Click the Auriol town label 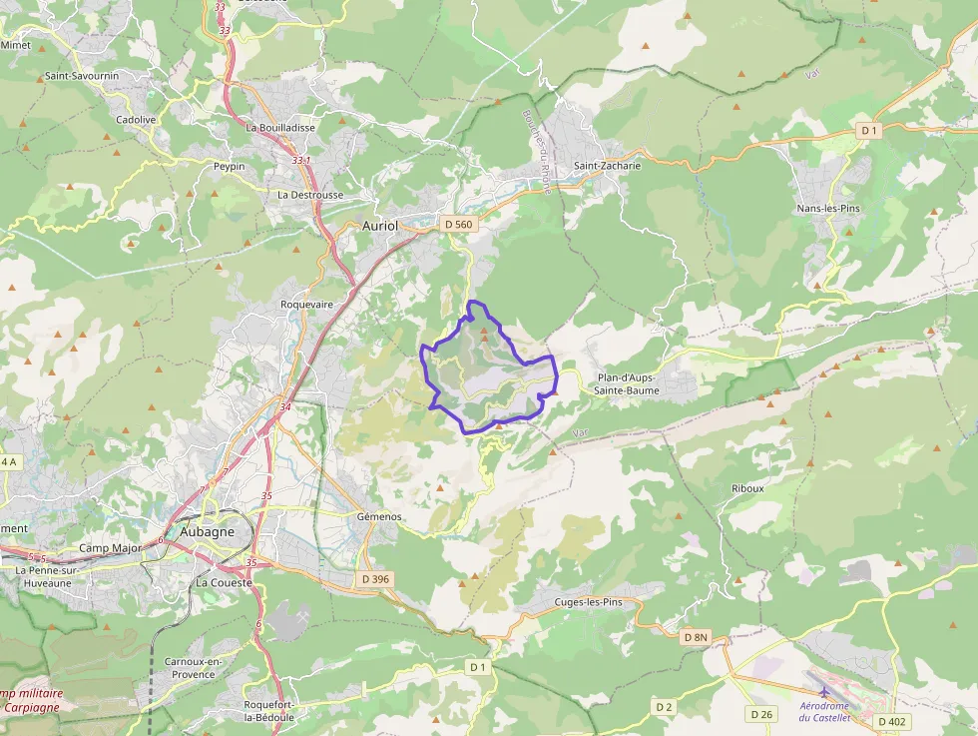pos(379,226)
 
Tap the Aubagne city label pos(208,531)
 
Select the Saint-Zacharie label pos(607,166)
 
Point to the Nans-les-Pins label pos(828,208)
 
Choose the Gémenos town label pos(379,516)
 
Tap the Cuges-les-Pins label pos(589,602)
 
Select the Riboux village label pos(747,488)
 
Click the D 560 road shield pos(457,225)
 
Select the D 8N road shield pos(696,637)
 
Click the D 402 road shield pos(894,721)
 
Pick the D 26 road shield pos(761,714)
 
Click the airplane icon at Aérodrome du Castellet pos(824,691)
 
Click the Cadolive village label pos(136,120)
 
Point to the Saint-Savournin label pos(83,76)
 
